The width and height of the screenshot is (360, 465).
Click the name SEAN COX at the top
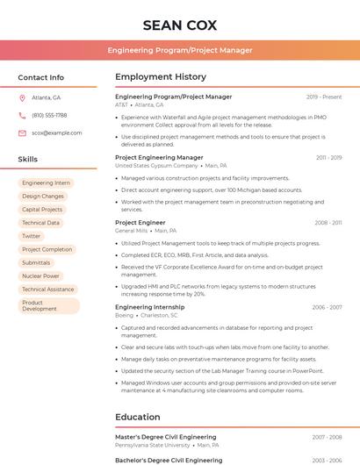(x=179, y=25)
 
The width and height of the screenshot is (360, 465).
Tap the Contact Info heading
(x=40, y=77)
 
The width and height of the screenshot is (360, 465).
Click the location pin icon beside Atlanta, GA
(x=22, y=97)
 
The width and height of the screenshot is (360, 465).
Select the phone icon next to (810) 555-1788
(x=22, y=115)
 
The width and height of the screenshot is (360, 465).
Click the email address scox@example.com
(x=56, y=132)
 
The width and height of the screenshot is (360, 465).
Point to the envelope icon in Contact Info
(x=22, y=132)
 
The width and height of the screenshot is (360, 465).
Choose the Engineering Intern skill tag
(x=46, y=183)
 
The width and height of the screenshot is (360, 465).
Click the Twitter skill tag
(x=31, y=236)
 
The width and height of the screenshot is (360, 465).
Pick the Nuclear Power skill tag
(x=40, y=275)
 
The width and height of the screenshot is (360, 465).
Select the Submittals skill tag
(x=36, y=262)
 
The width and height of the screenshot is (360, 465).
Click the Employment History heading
(x=161, y=77)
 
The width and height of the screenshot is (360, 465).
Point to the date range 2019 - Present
(x=324, y=97)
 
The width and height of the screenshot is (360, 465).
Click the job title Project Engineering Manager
(x=159, y=157)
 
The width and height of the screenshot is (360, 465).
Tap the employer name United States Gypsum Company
(x=156, y=165)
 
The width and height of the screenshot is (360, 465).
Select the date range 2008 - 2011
(x=328, y=223)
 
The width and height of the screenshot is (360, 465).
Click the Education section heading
(x=138, y=417)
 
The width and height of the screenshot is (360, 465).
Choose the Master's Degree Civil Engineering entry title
(x=165, y=436)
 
